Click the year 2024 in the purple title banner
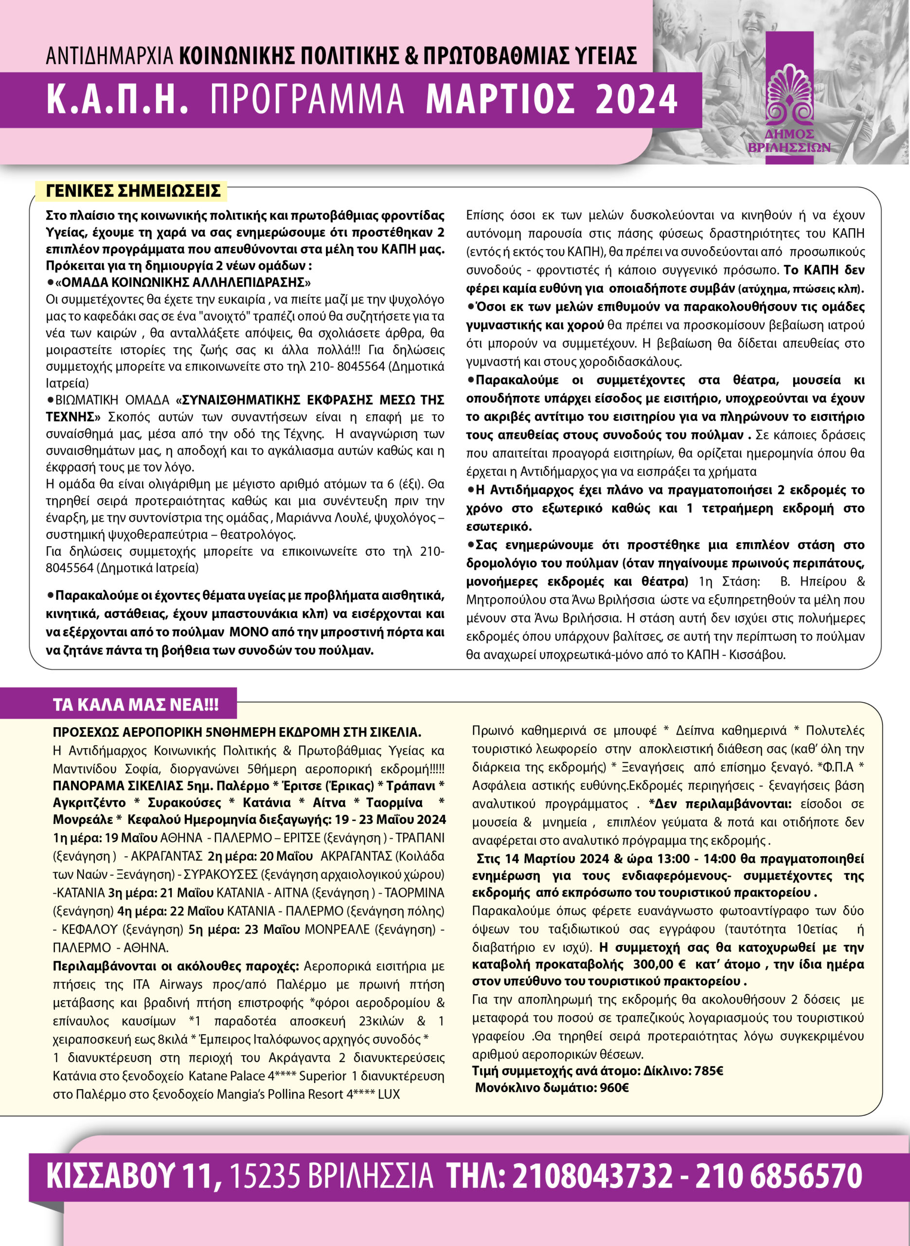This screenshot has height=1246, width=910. (636, 100)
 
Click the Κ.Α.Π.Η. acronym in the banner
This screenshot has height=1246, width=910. (117, 100)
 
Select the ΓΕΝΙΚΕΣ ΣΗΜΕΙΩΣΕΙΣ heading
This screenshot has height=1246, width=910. (133, 191)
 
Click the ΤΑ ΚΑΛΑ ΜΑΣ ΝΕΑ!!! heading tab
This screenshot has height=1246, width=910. (136, 705)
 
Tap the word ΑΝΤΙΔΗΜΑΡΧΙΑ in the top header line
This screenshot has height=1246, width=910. (109, 56)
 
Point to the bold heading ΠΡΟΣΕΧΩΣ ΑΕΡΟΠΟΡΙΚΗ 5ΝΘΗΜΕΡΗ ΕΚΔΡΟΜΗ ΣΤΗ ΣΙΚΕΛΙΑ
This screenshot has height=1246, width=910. (237, 733)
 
